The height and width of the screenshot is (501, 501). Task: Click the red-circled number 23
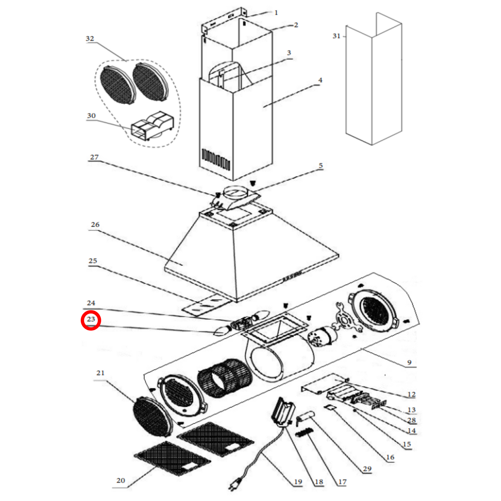[91, 320]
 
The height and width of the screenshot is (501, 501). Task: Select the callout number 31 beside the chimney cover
[336, 36]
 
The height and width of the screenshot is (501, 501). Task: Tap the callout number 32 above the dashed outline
[90, 38]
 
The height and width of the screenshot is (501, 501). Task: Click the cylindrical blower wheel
[224, 378]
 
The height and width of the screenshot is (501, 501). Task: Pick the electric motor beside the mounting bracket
[321, 336]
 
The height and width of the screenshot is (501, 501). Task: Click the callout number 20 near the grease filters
[121, 481]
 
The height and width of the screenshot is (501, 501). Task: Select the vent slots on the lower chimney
[216, 159]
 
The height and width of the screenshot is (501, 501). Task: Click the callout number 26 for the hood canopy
[95, 225]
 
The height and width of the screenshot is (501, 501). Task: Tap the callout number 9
[409, 363]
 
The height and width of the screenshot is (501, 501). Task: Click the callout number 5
[321, 166]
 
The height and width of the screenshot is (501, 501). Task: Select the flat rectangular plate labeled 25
[205, 305]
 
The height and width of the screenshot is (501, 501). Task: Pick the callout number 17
[342, 482]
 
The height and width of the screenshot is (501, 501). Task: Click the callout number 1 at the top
[276, 13]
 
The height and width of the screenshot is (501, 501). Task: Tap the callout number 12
[412, 395]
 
